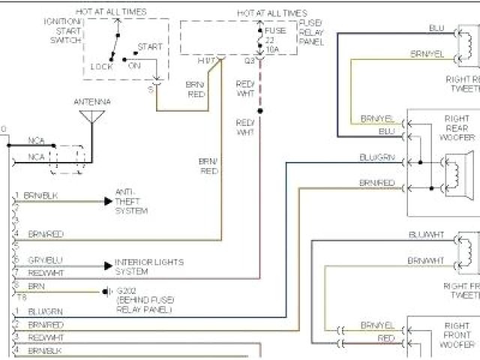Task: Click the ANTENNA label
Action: click(91, 101)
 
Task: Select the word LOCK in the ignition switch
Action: click(101, 66)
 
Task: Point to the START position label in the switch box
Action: click(150, 46)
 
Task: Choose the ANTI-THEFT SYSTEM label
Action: click(131, 201)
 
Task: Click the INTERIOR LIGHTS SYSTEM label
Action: click(148, 266)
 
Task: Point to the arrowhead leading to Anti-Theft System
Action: click(108, 201)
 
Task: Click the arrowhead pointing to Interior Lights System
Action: click(108, 265)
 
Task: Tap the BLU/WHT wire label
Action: click(426, 235)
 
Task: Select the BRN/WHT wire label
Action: click(426, 260)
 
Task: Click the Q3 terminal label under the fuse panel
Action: click(249, 59)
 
